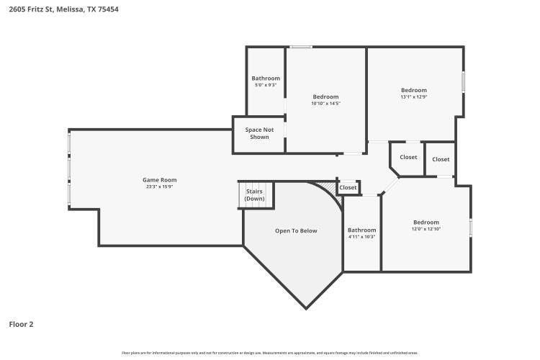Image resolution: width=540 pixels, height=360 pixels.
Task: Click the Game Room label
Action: coord(159,180)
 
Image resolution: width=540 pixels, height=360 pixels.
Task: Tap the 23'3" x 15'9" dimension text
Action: coord(159,186)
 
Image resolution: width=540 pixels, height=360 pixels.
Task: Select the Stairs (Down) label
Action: coord(255,195)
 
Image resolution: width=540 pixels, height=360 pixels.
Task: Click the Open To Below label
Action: coord(296,230)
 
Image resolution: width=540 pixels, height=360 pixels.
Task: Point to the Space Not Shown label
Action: coord(259,133)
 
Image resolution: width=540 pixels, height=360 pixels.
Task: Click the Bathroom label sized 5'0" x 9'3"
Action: coord(266,78)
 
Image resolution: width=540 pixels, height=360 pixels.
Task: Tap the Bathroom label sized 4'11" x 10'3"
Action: coord(362,230)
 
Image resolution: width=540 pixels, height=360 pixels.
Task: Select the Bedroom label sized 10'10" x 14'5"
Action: coord(325,96)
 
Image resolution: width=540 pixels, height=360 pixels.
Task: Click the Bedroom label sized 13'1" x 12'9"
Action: coord(414,90)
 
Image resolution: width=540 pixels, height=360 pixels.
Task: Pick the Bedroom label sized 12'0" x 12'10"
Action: coord(426,222)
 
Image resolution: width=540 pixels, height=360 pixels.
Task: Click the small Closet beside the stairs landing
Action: coord(348,187)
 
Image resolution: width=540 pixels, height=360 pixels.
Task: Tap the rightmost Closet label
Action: coord(441,159)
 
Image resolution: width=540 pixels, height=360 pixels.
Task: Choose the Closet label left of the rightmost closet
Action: coord(408,157)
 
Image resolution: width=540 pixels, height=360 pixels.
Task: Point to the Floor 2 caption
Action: coord(21,324)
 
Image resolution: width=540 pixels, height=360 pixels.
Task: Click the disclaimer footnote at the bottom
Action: coord(270,353)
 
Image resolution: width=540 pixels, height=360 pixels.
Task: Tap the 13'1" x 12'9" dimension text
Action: coord(414,96)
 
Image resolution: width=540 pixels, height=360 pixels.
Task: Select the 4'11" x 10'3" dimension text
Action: coord(362,237)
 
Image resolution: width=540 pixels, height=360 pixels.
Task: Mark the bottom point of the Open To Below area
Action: coord(306,308)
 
